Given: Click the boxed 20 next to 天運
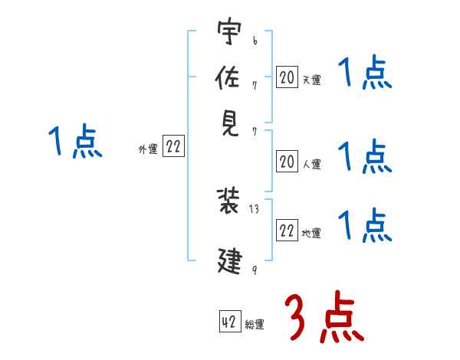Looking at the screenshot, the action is point(287,77).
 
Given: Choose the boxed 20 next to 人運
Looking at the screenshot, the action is point(287,162).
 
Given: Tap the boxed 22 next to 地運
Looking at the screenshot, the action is point(287,231).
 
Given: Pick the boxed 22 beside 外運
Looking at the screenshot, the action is point(173,148).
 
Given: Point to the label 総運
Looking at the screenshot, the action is point(255,325).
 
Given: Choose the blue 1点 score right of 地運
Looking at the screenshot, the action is point(364,224).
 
